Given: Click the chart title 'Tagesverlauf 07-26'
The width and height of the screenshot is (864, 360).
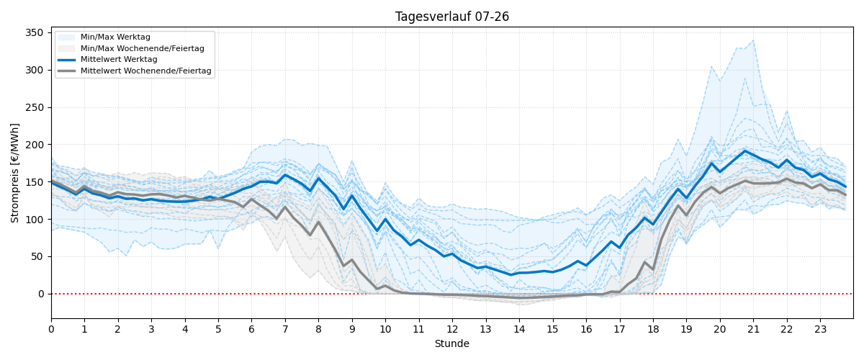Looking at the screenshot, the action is click(451, 17).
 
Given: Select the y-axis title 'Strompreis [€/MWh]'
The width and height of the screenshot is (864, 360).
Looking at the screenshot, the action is click(14, 174).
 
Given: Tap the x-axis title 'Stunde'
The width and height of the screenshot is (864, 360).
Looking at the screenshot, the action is click(452, 343).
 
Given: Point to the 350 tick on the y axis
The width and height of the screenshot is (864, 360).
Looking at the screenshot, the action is click(35, 33).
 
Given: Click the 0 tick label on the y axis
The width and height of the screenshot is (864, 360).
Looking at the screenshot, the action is click(41, 294).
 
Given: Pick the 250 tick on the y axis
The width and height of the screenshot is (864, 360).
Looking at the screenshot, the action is click(35, 107).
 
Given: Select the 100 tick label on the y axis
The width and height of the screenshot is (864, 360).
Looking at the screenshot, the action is click(35, 219).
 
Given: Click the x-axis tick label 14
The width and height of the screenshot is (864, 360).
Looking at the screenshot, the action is click(519, 329).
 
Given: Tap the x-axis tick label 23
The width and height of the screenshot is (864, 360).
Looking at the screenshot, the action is click(820, 329).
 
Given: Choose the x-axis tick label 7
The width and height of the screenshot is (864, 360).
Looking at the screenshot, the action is click(285, 329).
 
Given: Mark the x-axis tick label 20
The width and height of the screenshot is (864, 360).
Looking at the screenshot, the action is click(720, 329).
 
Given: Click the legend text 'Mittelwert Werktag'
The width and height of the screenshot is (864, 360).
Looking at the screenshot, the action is click(119, 60).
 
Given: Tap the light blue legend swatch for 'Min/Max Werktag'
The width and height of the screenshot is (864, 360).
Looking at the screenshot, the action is click(66, 37).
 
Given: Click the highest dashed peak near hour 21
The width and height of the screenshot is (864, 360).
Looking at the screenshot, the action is click(753, 40).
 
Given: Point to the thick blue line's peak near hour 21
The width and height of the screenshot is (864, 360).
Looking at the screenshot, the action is click(744, 150).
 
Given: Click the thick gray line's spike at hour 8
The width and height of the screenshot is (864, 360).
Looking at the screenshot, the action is click(318, 222).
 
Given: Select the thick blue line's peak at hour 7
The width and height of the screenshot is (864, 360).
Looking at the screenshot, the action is click(285, 175).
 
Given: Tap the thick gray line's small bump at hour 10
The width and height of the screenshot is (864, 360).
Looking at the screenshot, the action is click(385, 286).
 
